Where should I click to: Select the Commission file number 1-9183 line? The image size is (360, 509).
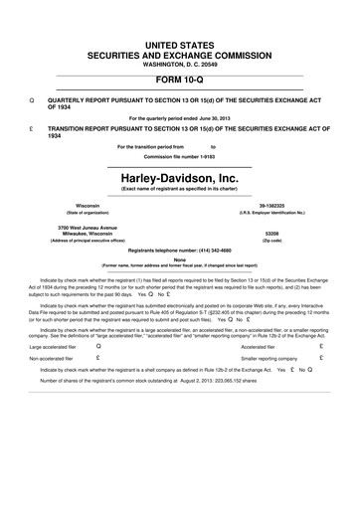[x=179, y=156]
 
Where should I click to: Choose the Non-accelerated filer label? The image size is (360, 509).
[x=52, y=358]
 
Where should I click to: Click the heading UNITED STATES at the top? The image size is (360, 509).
[x=179, y=19]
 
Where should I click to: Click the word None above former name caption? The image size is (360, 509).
[x=179, y=259]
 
